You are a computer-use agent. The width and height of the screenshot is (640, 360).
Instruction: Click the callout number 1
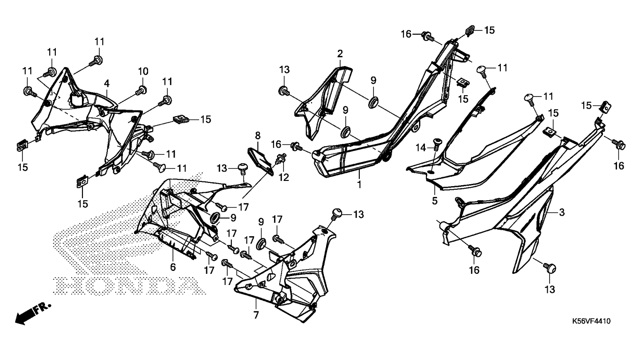[x=359, y=185]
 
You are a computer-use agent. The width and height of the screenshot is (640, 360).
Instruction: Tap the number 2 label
[x=340, y=53]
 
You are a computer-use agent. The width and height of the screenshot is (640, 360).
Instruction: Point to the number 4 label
[x=107, y=83]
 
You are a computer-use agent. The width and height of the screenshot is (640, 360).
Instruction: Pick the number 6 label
[x=172, y=267]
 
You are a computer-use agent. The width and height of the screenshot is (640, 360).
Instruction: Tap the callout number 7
[x=256, y=315]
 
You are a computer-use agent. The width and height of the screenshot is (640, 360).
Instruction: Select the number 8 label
[x=257, y=136]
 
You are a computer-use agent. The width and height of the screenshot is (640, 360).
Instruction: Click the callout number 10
[x=143, y=71]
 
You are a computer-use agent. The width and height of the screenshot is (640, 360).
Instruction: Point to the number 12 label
[x=284, y=178]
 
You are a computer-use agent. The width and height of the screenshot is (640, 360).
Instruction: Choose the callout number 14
[x=421, y=147]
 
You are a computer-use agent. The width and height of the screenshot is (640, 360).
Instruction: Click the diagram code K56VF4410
[x=591, y=322]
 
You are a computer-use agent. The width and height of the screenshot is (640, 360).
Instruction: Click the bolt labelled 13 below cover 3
[x=549, y=268]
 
